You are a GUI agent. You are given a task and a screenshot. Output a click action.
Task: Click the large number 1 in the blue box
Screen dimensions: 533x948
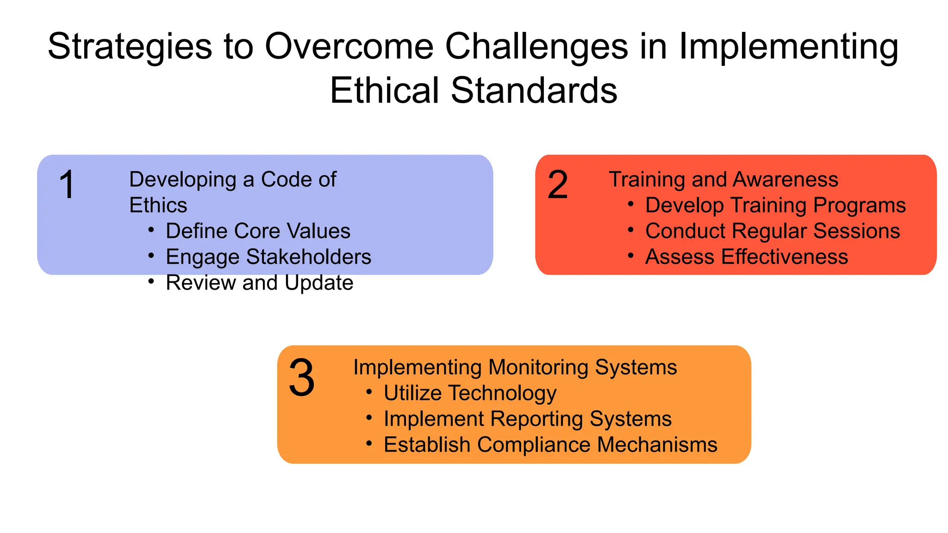coord(68,185)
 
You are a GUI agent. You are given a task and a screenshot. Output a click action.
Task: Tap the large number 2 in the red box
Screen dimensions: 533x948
coord(557,185)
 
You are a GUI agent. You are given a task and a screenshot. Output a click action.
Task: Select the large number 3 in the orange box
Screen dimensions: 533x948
coord(302,378)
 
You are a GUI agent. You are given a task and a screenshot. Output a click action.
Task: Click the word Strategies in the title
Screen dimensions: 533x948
coord(130,47)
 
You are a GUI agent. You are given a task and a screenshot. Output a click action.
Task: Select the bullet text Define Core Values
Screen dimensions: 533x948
coord(258,231)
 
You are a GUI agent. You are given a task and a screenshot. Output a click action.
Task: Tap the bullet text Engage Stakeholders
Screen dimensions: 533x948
coord(268,257)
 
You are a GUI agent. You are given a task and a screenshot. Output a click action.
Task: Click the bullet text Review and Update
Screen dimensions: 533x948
coord(259,283)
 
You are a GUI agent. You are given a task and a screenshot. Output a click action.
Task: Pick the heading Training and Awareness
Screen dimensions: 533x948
coord(723,180)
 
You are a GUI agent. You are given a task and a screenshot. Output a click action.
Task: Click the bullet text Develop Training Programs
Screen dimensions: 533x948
coord(775,205)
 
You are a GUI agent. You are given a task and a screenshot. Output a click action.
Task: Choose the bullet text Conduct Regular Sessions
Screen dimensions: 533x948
coord(773,231)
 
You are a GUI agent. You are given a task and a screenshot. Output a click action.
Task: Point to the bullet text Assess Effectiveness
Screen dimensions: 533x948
coord(746,257)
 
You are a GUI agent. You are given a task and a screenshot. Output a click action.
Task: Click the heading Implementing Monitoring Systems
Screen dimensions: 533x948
coord(515,367)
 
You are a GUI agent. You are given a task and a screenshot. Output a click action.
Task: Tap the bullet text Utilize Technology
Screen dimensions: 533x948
coord(470,393)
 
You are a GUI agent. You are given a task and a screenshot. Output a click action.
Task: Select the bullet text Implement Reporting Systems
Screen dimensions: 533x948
coord(527,419)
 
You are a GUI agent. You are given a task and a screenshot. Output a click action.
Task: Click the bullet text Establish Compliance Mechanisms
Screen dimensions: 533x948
coord(550,445)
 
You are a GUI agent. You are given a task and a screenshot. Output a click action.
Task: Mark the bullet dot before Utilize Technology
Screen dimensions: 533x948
coord(369,392)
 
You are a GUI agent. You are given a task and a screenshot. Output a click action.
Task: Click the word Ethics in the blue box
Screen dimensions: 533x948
coord(158,205)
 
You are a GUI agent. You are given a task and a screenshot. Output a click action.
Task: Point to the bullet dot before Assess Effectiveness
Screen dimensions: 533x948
coord(630,255)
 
